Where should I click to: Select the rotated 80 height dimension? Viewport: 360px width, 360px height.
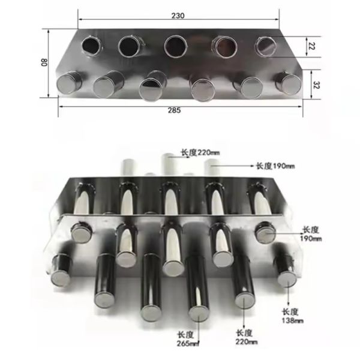pyautogui.click(x=44, y=62)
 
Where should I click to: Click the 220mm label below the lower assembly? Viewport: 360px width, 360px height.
pyautogui.click(x=246, y=337)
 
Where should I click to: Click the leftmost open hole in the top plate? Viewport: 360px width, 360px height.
pyautogui.click(x=92, y=44)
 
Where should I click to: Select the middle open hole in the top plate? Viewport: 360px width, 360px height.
pyautogui.click(x=175, y=45)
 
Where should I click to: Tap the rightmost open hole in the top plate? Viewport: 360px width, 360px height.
pyautogui.click(x=265, y=45)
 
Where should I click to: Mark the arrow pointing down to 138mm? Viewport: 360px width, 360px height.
pyautogui.click(x=289, y=296)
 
